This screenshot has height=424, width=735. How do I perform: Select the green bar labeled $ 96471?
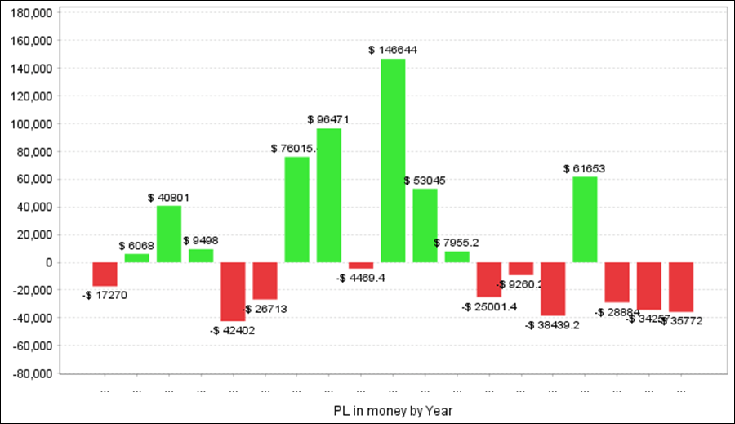tap(329, 195)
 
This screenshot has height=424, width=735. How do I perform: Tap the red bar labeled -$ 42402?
tap(233, 292)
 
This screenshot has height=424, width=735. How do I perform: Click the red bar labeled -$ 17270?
tap(105, 274)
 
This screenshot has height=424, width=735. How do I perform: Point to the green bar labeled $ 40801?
tap(169, 234)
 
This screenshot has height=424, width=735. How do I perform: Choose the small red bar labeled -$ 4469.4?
tap(361, 266)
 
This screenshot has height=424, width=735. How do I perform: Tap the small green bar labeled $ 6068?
tap(136, 258)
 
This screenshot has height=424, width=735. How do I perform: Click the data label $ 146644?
tap(393, 50)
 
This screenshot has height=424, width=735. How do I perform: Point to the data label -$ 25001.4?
tap(489, 307)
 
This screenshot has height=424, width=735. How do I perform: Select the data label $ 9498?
tap(200, 240)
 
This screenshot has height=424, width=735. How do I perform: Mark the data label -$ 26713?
tap(264, 309)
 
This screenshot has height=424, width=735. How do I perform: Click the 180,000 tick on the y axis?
tap(29, 13)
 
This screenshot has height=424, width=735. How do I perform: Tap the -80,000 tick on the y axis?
tap(29, 373)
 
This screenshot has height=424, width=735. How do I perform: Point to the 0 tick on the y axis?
tap(49, 262)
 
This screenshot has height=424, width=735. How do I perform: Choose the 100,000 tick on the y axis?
tap(29, 124)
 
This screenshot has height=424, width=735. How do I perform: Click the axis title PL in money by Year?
tap(393, 410)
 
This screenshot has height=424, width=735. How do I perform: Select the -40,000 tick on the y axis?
tap(29, 318)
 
